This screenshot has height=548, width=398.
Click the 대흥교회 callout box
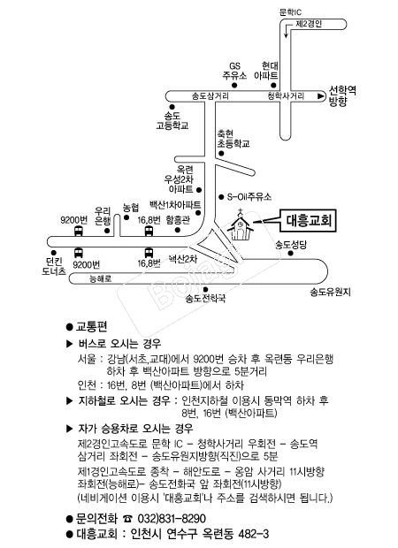pyautogui.click(x=308, y=221)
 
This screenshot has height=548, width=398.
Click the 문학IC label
pyautogui.click(x=290, y=12)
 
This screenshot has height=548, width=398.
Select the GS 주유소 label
pyautogui.click(x=234, y=71)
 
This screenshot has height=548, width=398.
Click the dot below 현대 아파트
pyautogui.click(x=274, y=85)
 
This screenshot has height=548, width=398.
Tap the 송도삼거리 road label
pyautogui.click(x=210, y=96)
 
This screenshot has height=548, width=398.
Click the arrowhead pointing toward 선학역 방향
pyautogui.click(x=320, y=96)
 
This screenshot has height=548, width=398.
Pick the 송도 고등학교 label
pyautogui.click(x=172, y=120)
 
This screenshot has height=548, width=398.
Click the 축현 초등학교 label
pyautogui.click(x=233, y=139)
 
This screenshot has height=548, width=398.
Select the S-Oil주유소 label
pyautogui.click(x=249, y=197)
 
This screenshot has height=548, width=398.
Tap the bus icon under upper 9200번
pyautogui.click(x=79, y=231)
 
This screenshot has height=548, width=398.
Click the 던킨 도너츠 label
pyautogui.click(x=54, y=266)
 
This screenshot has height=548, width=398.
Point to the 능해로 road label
pyautogui.click(x=101, y=279)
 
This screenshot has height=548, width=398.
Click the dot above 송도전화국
pyautogui.click(x=206, y=289)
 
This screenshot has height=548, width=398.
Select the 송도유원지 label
pyautogui.click(x=330, y=292)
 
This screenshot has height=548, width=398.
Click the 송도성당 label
pyautogui.click(x=291, y=245)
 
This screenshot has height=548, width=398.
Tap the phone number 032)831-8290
pyautogui.click(x=172, y=518)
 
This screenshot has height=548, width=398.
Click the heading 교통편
pyautogui.click(x=91, y=327)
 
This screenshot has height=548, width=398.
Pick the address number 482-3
pyautogui.click(x=253, y=534)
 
